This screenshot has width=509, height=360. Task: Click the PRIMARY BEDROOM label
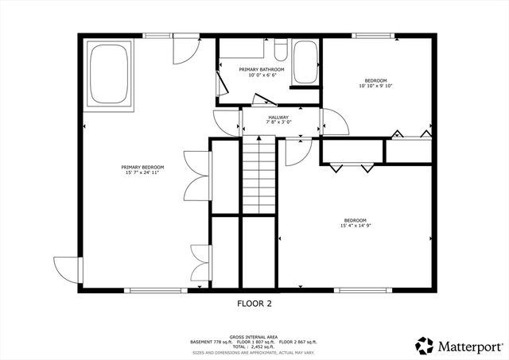(142, 167)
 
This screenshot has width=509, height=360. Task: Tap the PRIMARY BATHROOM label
(262, 70)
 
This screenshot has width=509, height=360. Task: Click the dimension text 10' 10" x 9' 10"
(375, 87)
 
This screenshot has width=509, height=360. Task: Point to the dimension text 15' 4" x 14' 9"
(355, 226)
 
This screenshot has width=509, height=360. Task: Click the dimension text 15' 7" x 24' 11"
(142, 172)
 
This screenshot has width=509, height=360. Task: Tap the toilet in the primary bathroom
(280, 51)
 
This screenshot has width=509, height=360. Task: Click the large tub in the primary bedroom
(111, 75)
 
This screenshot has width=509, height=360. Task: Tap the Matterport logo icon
(424, 345)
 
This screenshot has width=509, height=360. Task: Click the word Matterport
(469, 346)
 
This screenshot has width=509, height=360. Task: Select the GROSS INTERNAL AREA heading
(253, 336)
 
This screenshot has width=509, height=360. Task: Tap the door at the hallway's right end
(332, 122)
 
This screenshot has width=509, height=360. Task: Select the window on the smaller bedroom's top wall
(367, 35)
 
